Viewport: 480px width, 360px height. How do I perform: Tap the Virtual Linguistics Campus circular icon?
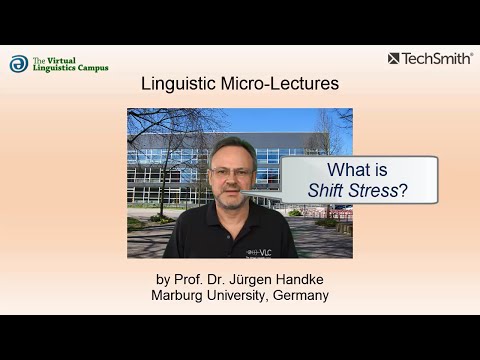point(18,64)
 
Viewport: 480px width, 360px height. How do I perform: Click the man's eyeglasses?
point(231,172)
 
